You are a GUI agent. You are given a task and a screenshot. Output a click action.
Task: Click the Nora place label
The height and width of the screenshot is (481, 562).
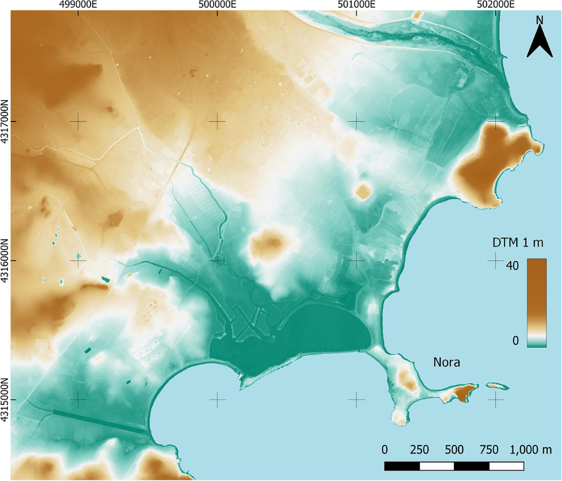[x=446, y=363]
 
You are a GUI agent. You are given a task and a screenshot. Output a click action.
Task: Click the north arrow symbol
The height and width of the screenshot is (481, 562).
[x=540, y=40]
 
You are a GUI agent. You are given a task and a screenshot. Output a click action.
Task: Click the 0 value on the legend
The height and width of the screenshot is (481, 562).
[x=515, y=340]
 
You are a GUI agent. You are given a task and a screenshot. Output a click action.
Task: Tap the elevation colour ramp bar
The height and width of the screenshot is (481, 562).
[x=537, y=303]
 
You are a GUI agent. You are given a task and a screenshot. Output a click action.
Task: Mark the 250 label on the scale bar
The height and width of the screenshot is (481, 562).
[x=419, y=450]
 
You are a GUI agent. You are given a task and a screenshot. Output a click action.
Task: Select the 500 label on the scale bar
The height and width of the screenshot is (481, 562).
[x=454, y=450]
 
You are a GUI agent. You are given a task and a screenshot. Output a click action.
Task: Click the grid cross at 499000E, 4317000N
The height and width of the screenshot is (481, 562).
[x=78, y=122]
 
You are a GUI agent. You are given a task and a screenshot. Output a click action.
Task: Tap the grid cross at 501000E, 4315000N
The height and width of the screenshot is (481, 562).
[x=356, y=400]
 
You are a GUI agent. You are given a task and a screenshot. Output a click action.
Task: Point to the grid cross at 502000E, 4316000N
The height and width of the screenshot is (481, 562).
[x=495, y=260]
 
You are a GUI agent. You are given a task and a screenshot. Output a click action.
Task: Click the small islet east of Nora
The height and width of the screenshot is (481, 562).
[x=497, y=386]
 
